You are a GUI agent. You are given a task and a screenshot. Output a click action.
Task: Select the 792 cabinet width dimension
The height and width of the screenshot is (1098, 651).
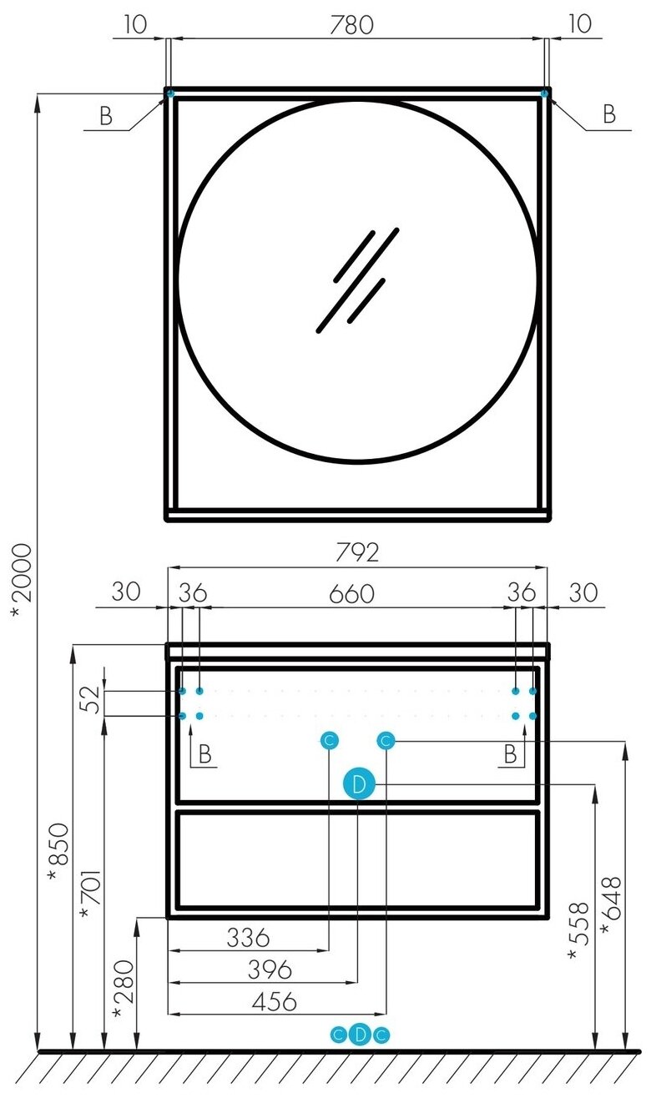[x=357, y=552]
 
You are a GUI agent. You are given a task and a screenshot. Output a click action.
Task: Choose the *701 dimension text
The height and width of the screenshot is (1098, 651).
[x=87, y=895]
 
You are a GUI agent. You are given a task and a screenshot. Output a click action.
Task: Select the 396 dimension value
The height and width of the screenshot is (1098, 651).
[x=269, y=970]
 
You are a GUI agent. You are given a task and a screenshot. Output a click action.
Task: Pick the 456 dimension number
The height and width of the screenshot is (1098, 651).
[x=274, y=1001]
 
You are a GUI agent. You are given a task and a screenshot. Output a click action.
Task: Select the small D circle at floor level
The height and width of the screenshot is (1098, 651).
[x=359, y=1035]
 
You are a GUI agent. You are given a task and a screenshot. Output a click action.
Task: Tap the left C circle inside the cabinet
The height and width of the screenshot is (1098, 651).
[x=329, y=740]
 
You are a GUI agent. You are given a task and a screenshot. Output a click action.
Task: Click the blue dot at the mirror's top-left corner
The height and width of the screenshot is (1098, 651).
[x=170, y=93]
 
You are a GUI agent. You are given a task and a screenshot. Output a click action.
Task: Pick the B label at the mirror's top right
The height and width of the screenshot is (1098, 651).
[x=609, y=115]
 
